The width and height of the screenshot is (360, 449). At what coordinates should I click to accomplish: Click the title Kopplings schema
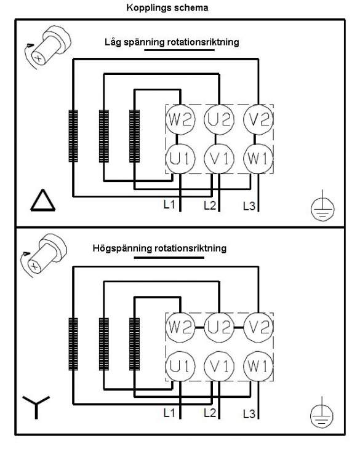(x=167, y=8)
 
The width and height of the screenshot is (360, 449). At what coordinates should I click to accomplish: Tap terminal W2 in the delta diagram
(x=180, y=119)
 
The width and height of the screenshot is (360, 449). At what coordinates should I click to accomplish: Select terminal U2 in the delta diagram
(x=219, y=119)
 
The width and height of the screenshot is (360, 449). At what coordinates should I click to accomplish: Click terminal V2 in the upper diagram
(x=258, y=119)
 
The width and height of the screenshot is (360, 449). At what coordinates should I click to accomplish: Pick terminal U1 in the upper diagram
(x=180, y=158)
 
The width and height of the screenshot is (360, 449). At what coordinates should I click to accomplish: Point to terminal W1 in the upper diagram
(x=258, y=158)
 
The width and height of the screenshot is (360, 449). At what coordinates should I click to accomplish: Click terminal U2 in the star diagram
(x=219, y=327)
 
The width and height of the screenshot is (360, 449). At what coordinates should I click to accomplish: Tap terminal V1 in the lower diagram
(x=219, y=366)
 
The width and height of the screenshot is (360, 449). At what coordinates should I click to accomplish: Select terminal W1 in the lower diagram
(x=258, y=366)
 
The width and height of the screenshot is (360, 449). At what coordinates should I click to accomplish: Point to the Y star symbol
(x=36, y=407)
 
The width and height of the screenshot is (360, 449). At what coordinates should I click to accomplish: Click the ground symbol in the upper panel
(x=322, y=207)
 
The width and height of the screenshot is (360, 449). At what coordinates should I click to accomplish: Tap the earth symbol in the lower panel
(x=322, y=413)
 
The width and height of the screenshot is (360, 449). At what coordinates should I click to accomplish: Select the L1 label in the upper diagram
(x=169, y=204)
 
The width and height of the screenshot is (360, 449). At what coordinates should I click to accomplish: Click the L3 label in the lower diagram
(x=249, y=414)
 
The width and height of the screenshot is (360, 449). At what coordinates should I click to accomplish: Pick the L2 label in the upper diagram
(x=210, y=205)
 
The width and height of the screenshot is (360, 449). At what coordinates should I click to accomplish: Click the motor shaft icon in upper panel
(x=47, y=47)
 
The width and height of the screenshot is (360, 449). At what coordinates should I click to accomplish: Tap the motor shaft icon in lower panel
(x=44, y=255)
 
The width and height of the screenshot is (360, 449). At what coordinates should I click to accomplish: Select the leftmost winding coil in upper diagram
(x=73, y=136)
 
